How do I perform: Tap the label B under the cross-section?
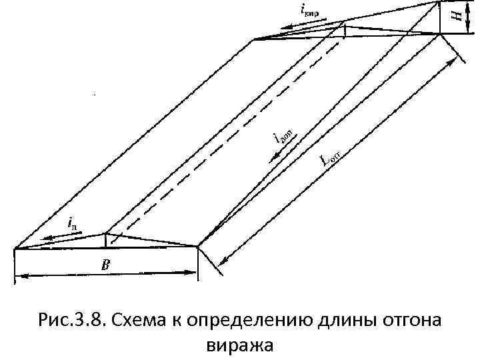pos(105,265)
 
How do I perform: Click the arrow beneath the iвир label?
pos(304,25)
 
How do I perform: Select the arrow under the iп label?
pos(59,236)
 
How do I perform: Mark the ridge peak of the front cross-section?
pos(105,233)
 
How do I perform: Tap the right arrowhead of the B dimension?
pos(194,273)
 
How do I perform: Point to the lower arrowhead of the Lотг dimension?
pos(225,258)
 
